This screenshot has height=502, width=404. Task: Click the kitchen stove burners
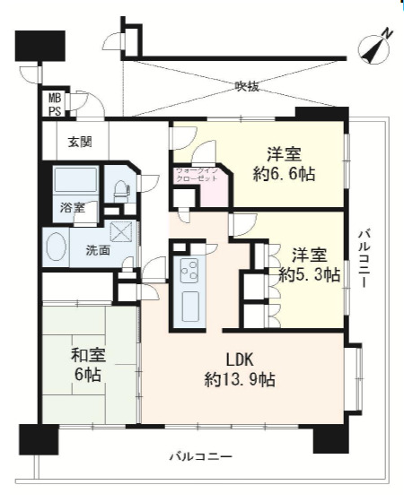[189, 268]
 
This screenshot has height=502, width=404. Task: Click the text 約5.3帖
[308, 273]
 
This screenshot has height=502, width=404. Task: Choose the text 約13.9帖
[239, 379]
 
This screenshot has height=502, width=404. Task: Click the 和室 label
[89, 356]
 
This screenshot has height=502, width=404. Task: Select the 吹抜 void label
[247, 87]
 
